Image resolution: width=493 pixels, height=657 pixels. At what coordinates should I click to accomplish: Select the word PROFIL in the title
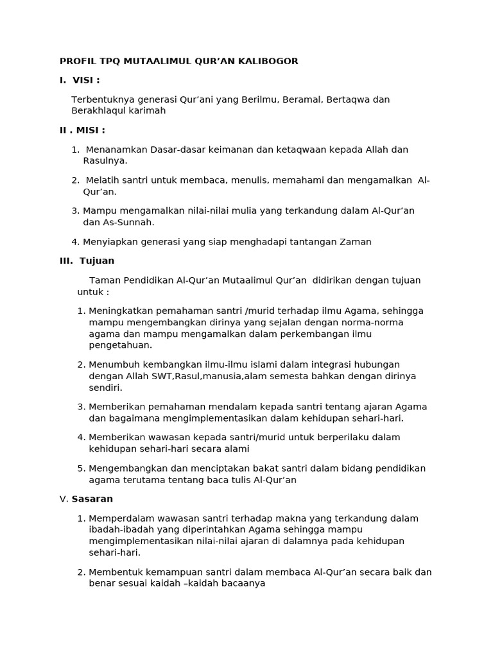click(x=77, y=62)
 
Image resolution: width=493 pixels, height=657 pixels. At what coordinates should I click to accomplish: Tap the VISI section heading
click(x=86, y=80)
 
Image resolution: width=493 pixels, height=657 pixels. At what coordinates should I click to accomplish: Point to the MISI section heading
click(x=91, y=130)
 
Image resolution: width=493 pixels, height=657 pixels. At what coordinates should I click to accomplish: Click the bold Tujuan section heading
click(x=97, y=261)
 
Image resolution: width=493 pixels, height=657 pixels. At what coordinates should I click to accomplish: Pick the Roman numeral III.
click(x=67, y=261)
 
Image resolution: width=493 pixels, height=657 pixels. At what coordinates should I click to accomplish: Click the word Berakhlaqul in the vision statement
click(x=98, y=111)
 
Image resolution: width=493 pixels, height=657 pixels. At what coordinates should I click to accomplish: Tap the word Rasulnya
click(x=105, y=160)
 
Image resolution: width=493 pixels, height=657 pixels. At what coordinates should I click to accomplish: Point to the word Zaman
click(x=357, y=242)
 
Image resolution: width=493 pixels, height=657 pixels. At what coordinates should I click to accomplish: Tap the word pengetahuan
click(x=120, y=345)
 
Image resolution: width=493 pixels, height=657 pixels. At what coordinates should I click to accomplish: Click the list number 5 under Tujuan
click(x=80, y=468)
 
